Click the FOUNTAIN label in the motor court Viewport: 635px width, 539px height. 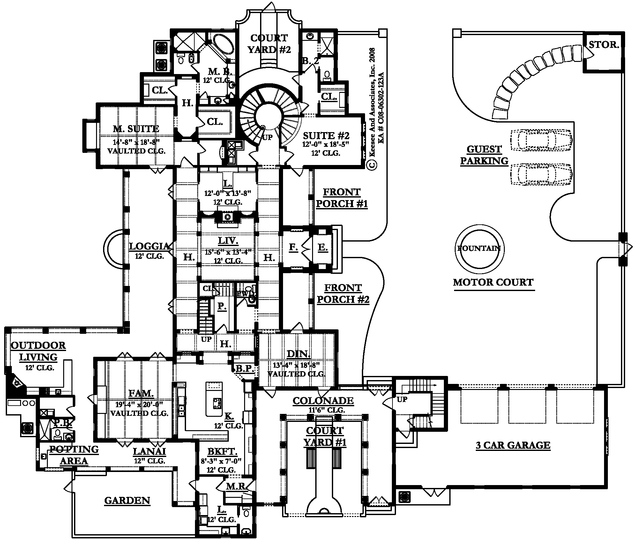click(x=479, y=248)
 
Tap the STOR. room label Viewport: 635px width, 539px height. click(x=604, y=45)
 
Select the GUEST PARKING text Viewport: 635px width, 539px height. click(x=484, y=155)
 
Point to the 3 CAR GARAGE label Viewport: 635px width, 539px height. click(x=513, y=445)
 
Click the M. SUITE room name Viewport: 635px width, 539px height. click(x=136, y=129)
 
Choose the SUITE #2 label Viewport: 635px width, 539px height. click(x=326, y=135)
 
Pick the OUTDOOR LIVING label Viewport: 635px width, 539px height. click(x=38, y=351)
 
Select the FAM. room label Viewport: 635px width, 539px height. click(x=141, y=393)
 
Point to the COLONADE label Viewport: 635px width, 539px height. click(x=323, y=401)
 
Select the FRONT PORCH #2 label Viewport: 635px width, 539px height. click(x=343, y=294)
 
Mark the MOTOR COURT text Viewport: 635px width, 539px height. click(x=493, y=282)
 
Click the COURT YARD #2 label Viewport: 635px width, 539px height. click(x=269, y=44)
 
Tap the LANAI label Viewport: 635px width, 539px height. click(x=149, y=451)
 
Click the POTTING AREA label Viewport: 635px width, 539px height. click(x=74, y=455)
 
